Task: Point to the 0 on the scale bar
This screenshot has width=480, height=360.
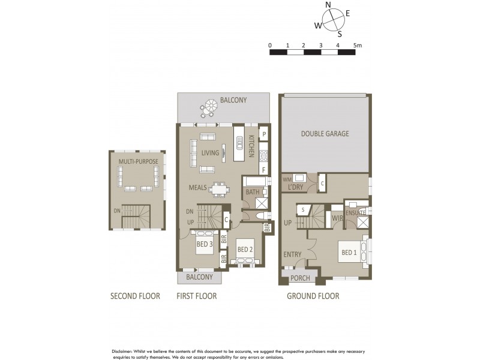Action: point(270,45)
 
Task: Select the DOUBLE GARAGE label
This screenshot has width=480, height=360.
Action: point(325,134)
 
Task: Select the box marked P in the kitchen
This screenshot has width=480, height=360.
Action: point(263,134)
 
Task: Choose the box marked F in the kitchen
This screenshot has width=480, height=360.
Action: point(263,170)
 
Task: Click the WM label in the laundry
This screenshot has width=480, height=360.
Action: point(287,178)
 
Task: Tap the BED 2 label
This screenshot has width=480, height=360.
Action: point(245,249)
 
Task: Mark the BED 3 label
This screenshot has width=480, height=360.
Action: point(205,244)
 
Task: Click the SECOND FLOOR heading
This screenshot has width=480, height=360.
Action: point(135,296)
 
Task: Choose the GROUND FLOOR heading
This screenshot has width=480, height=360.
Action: point(313,296)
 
